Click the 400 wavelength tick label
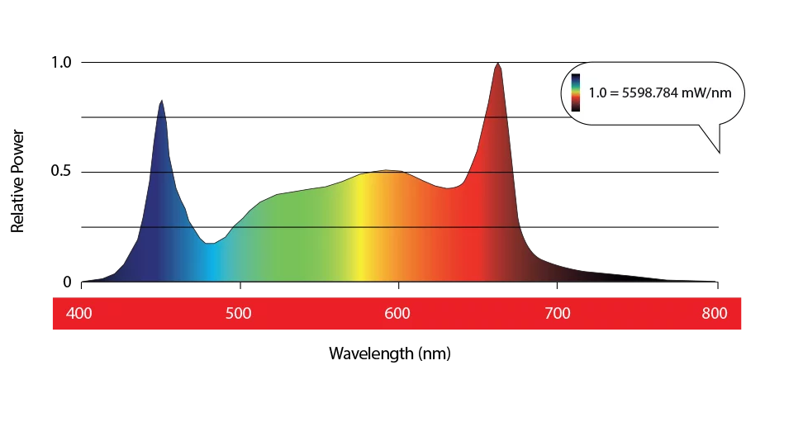pos(78,314)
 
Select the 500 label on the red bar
pos(239,314)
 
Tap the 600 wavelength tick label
pos(397,314)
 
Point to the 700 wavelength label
pos(557,314)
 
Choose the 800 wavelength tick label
pos(715,314)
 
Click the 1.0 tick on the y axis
pos(62,63)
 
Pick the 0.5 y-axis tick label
pos(62,172)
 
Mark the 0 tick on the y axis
pos(68,282)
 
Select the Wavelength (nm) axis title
pos(390,353)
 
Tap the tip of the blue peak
pos(162,101)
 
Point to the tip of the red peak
pos(497,64)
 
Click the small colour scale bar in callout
pos(575,92)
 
